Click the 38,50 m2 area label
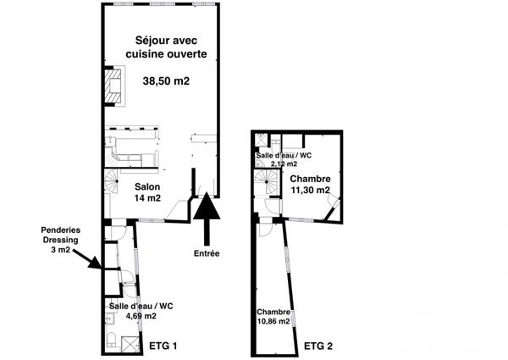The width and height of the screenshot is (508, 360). pos(165,82)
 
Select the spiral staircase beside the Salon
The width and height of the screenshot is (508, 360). pos(113,181)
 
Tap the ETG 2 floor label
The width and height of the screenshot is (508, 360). pos(317,346)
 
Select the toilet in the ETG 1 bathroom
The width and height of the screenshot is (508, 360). pos(111,341)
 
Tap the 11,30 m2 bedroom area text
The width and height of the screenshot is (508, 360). pos(310,191)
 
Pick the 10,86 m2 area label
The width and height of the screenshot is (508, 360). pos(273,322)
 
